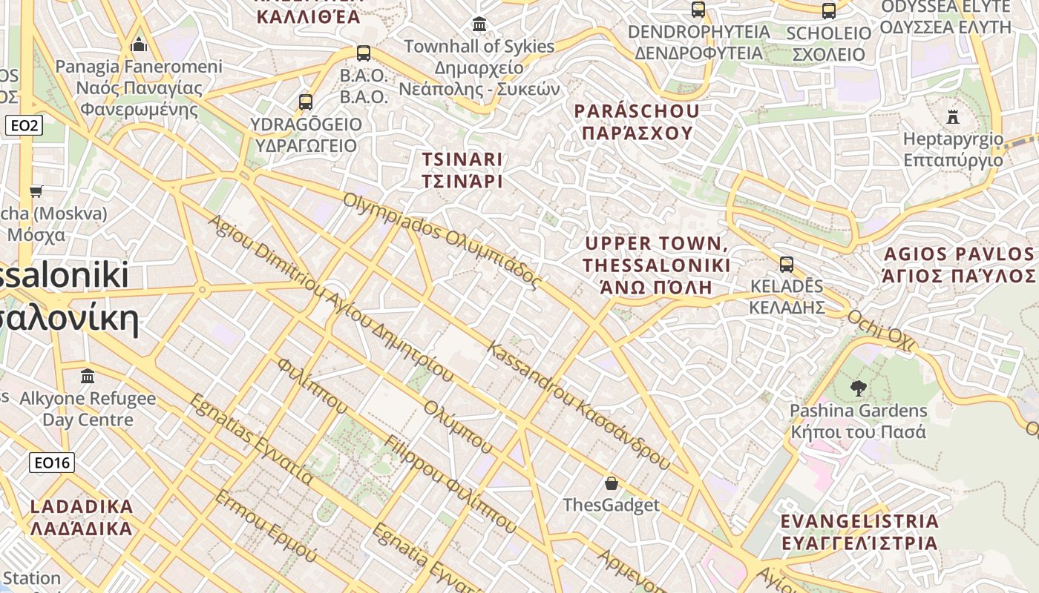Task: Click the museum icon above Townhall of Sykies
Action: [x=479, y=24]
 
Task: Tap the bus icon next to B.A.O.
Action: [x=363, y=53]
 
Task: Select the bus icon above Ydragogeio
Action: [x=305, y=102]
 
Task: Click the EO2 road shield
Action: [x=24, y=126]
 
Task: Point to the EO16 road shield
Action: [x=52, y=463]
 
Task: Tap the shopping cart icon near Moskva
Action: [x=36, y=192]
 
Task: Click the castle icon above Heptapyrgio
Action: [x=953, y=116]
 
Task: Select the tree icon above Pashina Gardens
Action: [x=858, y=388]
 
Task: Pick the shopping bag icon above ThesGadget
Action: [x=611, y=483]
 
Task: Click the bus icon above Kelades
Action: [x=786, y=264]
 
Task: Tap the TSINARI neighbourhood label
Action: [x=462, y=170]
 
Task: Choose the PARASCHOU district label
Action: [x=637, y=122]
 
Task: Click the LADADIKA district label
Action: [x=82, y=517]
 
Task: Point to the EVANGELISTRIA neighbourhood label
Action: [x=859, y=531]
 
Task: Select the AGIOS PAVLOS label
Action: [x=958, y=265]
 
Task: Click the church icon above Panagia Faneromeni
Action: [x=139, y=46]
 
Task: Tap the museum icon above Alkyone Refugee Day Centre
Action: [x=88, y=376]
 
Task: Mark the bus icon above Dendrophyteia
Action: [x=698, y=10]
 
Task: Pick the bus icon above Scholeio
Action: [x=828, y=11]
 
